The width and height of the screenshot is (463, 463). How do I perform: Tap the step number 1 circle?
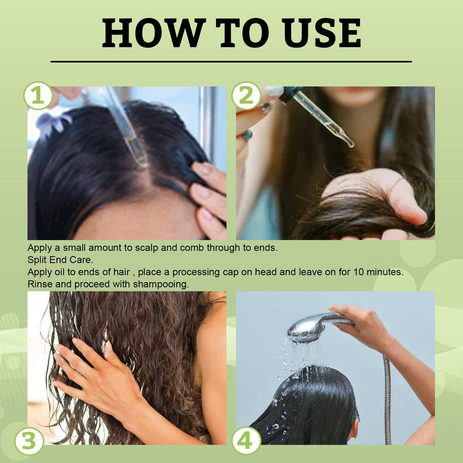(38, 96)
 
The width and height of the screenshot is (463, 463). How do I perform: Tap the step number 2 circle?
(246, 96)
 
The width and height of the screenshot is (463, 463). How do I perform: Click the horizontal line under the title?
(231, 61)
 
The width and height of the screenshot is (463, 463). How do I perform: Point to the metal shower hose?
(387, 398)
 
